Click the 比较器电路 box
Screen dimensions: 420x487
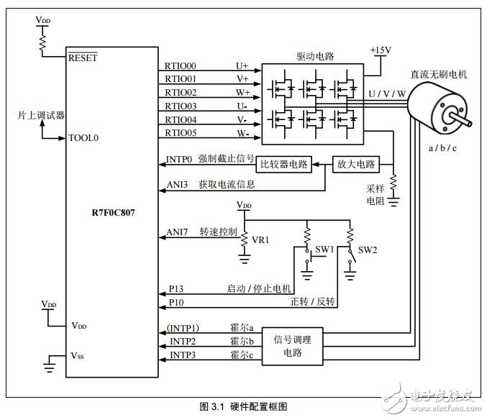click(x=285, y=164)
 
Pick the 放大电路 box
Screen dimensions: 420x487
click(x=356, y=164)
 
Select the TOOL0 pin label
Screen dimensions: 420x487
click(x=85, y=137)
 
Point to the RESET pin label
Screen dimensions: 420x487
click(x=83, y=58)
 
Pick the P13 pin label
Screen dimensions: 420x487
click(x=177, y=288)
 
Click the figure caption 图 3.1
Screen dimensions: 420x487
click(x=243, y=407)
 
